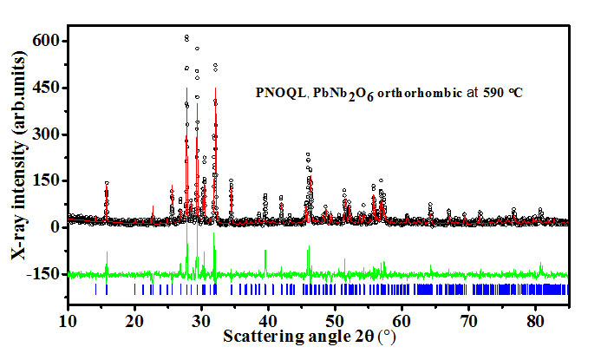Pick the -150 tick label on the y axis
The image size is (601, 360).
coord(42,274)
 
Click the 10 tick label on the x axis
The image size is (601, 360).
coord(68,321)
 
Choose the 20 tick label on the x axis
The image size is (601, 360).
coord(134,321)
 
